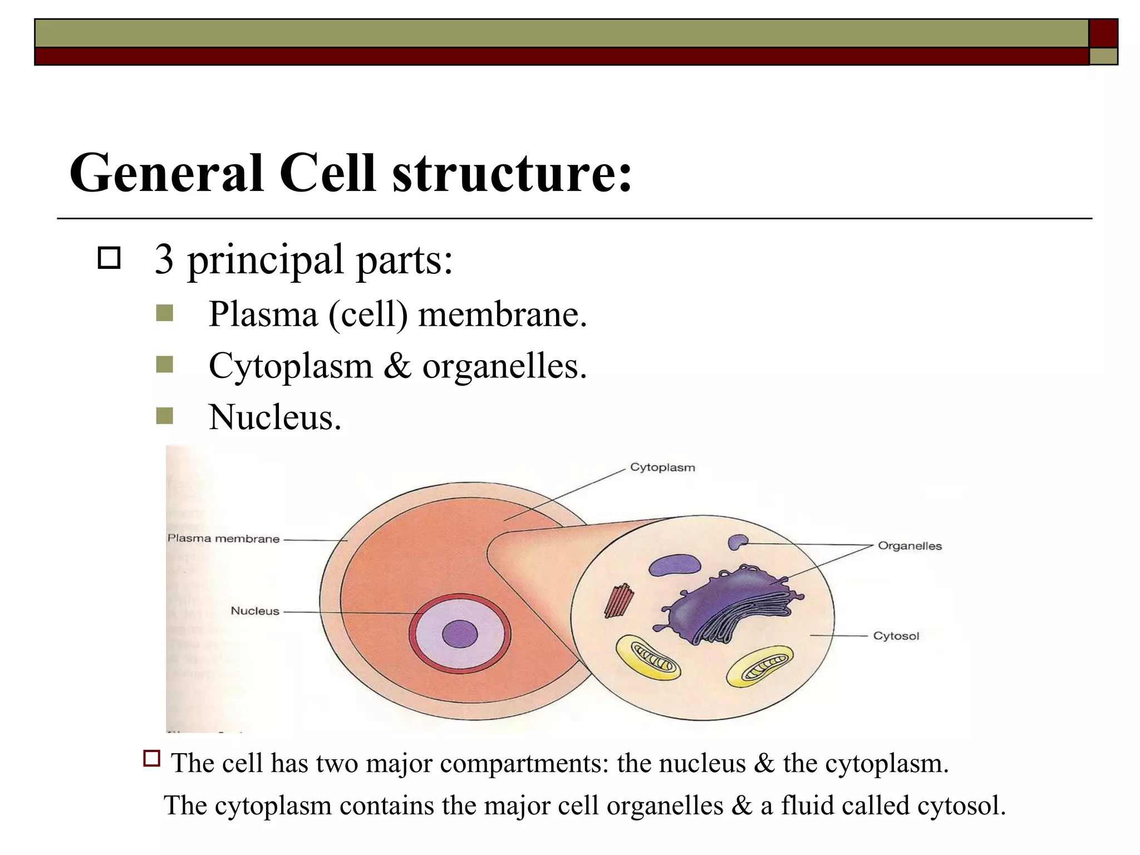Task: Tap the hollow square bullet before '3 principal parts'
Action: tap(109, 258)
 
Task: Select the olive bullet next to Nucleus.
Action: tap(165, 416)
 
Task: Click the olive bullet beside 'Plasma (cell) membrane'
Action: tap(165, 313)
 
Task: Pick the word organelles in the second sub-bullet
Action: tap(504, 367)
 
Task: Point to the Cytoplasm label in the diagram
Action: tap(662, 468)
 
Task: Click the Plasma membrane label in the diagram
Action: tap(223, 539)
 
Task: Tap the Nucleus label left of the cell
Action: tap(255, 611)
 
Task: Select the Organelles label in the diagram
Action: tap(910, 546)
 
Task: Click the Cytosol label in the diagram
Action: tap(896, 636)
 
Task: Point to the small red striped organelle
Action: tap(619, 601)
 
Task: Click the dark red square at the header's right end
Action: tap(1103, 33)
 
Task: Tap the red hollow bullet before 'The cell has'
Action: tap(151, 759)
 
